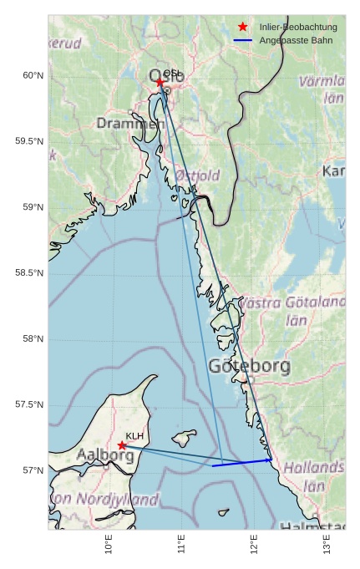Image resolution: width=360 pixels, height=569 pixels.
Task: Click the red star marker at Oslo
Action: (x=160, y=82)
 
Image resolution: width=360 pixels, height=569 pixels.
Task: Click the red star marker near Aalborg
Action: (x=122, y=445)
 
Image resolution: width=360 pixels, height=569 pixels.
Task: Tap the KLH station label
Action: (x=134, y=436)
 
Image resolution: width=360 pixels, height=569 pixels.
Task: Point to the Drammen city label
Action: (x=129, y=124)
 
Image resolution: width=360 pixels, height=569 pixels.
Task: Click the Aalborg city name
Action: (x=104, y=455)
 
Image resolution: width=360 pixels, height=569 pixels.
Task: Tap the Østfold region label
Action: (x=197, y=175)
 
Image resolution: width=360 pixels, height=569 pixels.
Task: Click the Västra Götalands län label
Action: (x=292, y=310)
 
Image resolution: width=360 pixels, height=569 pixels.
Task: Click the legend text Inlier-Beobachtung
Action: (x=298, y=27)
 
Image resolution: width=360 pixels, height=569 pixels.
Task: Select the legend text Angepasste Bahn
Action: (x=292, y=40)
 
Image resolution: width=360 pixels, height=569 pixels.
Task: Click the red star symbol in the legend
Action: (x=243, y=27)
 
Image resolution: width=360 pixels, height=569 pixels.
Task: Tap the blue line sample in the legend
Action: (x=243, y=40)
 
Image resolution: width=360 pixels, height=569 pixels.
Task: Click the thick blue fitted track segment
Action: (x=242, y=463)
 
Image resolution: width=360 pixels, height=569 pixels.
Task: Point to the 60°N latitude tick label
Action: (x=32, y=75)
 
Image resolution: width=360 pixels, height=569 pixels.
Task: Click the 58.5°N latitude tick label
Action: (x=29, y=273)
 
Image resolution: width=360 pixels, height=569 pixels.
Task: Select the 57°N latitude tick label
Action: (x=32, y=470)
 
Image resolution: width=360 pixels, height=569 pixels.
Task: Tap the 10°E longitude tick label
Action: (x=109, y=546)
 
